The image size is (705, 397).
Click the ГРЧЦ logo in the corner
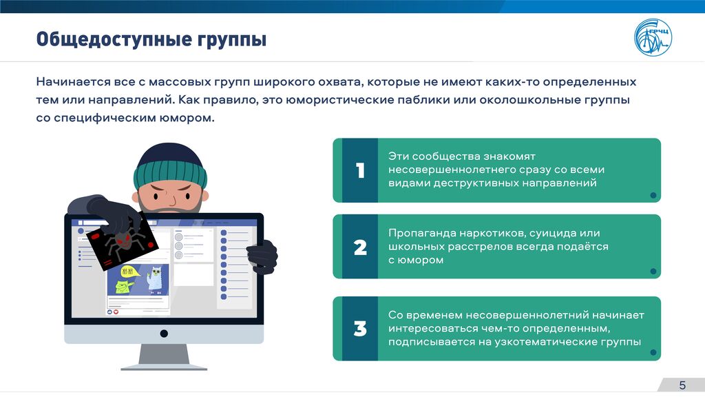653,37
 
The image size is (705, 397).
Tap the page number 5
682,385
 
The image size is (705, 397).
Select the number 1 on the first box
360,171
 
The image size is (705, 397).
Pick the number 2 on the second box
360,247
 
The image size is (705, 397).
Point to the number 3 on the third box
360,329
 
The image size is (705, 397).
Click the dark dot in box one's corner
653,195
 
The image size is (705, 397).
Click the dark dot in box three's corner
653,352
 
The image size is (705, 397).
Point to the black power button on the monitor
164,334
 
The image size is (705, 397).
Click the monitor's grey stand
164,357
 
